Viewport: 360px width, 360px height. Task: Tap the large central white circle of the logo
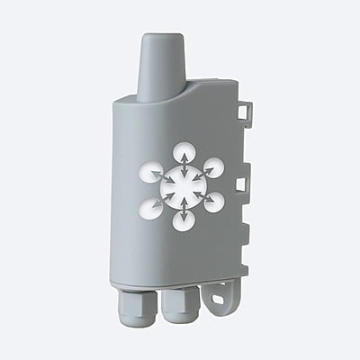pyautogui.click(x=183, y=184)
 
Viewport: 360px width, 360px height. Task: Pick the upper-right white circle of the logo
pyautogui.click(x=213, y=168)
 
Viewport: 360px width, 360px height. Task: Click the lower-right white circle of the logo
pyautogui.click(x=214, y=202)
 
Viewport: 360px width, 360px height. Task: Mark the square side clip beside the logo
pyautogui.click(x=240, y=184)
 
